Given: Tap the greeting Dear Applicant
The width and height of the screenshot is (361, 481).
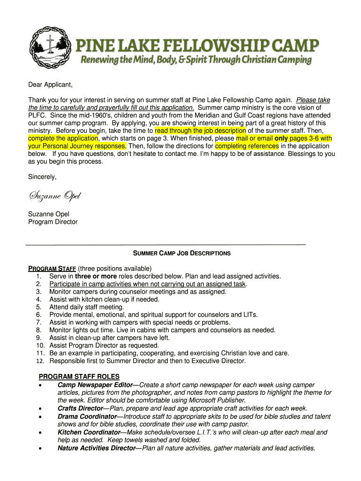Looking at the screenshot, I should coord(51,85).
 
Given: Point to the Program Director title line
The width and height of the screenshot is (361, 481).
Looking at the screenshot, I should coord(53,222).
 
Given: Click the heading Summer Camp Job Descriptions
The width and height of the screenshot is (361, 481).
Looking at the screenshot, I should coord(182,253).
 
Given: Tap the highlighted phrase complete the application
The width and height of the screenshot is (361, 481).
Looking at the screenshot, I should coord(63,138).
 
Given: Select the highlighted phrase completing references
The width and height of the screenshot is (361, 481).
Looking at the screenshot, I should coord(247,146).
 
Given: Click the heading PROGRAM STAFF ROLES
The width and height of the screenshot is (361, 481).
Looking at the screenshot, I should coord(79,377).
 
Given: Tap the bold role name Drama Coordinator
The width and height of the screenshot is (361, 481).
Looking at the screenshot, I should coord(87,417).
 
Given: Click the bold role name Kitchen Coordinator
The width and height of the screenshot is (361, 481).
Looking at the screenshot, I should coord(89,432).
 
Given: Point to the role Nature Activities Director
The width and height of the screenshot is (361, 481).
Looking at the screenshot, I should coord(96,448).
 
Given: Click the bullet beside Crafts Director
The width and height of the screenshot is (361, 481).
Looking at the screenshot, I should coord(42,409).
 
